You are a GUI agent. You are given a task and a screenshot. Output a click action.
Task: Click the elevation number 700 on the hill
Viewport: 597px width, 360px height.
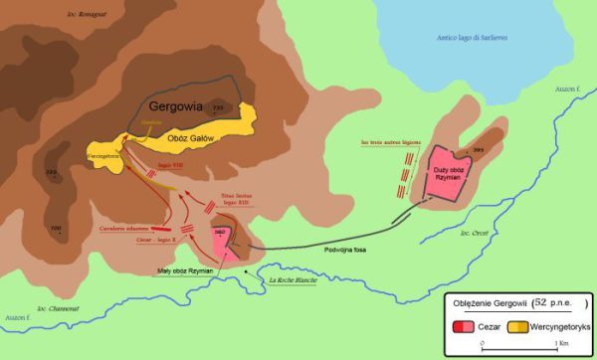coord(56,228)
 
